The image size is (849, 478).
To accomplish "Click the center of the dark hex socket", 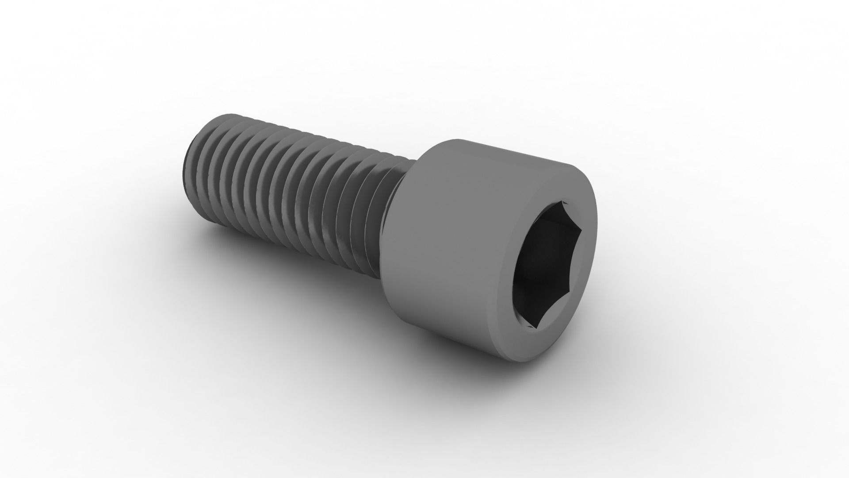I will click(x=547, y=261).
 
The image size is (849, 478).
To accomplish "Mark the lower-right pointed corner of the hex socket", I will click(x=573, y=294).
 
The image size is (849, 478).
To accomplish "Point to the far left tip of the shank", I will click(x=182, y=164).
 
